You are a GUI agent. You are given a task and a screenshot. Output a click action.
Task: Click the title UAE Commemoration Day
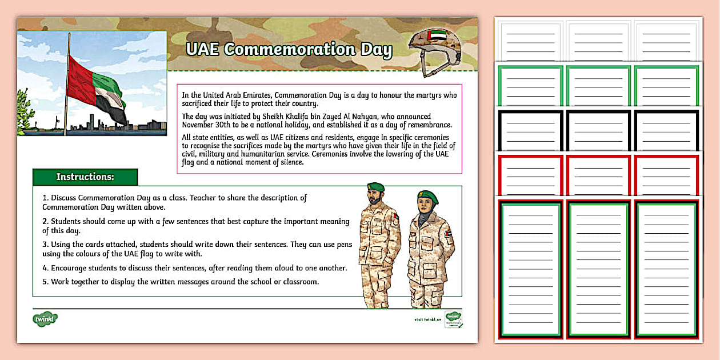click(289, 50)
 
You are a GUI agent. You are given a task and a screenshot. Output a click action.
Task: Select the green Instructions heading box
click(85, 177)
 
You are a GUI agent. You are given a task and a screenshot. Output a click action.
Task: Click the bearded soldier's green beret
click(375, 187)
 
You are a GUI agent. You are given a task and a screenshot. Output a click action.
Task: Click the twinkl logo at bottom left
click(45, 318)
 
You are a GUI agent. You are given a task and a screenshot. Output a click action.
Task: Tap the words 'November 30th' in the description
click(206, 125)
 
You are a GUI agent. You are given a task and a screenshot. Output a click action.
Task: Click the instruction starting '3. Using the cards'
click(194, 245)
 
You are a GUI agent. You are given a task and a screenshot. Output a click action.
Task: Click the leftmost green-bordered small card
click(530, 86)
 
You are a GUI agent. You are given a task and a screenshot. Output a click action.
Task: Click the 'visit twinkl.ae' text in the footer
click(428, 319)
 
